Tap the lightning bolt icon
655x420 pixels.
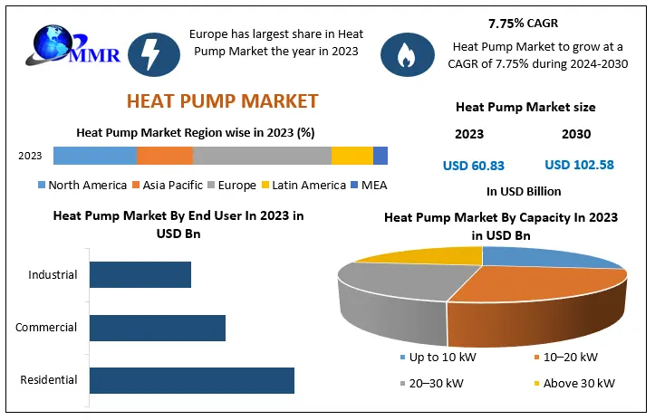coord(149,53)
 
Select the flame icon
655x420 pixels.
coord(402,53)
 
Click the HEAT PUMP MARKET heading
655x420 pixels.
coord(222,100)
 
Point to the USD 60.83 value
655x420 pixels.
coord(473,165)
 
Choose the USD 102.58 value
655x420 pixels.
coord(579,165)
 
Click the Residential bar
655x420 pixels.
coord(192,380)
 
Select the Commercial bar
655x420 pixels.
coord(157,328)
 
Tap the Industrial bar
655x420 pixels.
coord(140,274)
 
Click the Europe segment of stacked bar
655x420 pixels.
coord(262,156)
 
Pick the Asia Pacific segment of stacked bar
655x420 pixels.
coord(164,156)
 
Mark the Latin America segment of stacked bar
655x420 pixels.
coord(352,156)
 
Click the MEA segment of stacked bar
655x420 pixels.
coord(380,156)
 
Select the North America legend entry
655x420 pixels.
coord(82,186)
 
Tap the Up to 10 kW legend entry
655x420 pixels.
coord(436,358)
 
